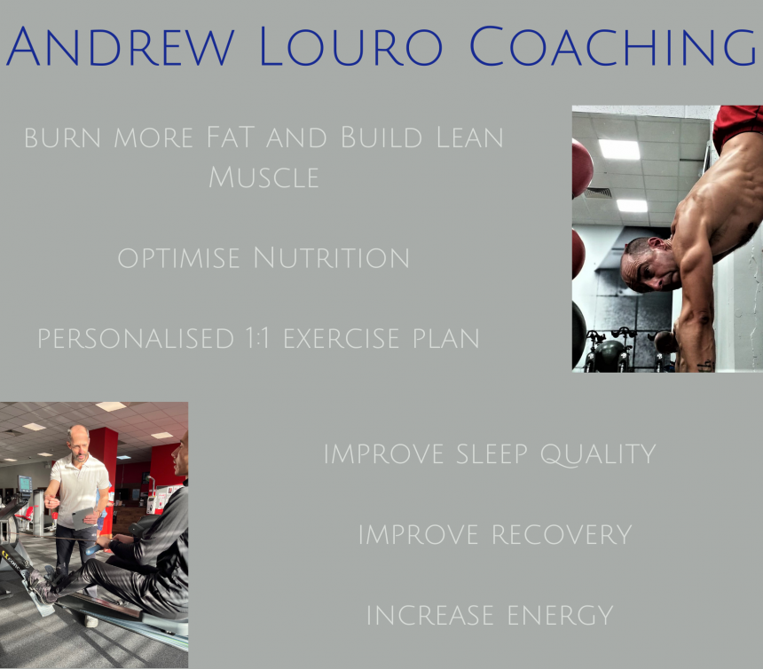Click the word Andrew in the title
[x=121, y=46]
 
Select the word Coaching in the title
[x=613, y=46]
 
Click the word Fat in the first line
[x=230, y=138]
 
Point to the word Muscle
[x=264, y=177]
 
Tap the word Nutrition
[x=332, y=257]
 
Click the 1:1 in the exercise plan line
[x=257, y=338]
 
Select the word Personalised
[x=137, y=338]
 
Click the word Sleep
[x=492, y=454]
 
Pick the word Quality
[x=598, y=455]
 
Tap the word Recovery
[x=562, y=535]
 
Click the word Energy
[x=560, y=616]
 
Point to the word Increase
[x=429, y=616]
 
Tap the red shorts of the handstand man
[x=737, y=123]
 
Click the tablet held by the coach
[x=83, y=519]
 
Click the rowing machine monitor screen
[x=24, y=484]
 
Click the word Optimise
[x=178, y=258]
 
